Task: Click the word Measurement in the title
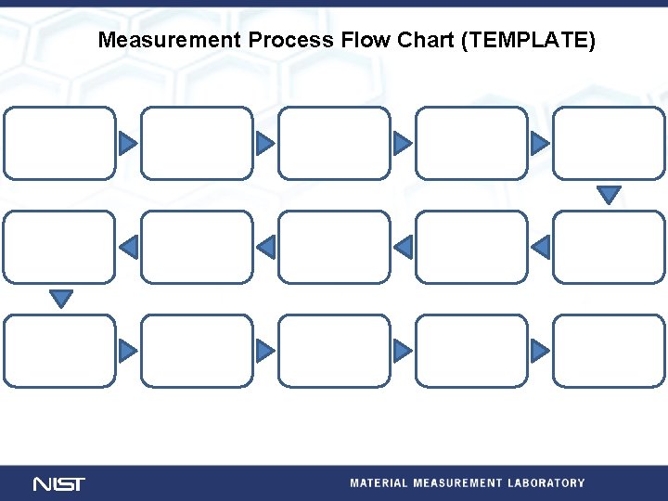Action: pyautogui.click(x=170, y=40)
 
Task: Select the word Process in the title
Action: pyautogui.click(x=290, y=40)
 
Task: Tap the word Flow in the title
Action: pyautogui.click(x=366, y=40)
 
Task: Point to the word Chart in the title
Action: pyautogui.click(x=425, y=40)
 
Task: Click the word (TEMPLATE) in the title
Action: pyautogui.click(x=528, y=41)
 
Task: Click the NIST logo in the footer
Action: pyautogui.click(x=59, y=484)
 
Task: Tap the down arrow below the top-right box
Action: pyautogui.click(x=609, y=194)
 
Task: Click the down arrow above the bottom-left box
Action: pyautogui.click(x=61, y=298)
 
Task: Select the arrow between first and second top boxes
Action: pyautogui.click(x=127, y=143)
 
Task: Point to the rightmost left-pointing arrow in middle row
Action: pyautogui.click(x=542, y=247)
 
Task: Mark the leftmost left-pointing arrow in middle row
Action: pyautogui.click(x=130, y=247)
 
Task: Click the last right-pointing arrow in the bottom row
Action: pyautogui.click(x=539, y=351)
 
